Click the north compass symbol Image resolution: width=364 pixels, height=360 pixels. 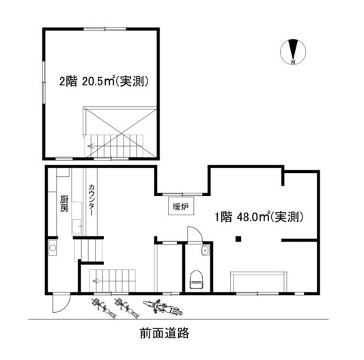point(293,51)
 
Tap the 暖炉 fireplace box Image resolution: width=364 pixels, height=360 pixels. point(181,206)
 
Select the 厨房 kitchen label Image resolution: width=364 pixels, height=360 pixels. point(64,204)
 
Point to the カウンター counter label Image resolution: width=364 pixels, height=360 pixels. point(92,200)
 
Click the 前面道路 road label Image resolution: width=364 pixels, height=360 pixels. point(165,333)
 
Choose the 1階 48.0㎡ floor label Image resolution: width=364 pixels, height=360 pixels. point(259,217)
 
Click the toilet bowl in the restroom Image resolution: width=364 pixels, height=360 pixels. point(197,279)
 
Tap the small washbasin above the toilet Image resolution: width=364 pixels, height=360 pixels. point(206,251)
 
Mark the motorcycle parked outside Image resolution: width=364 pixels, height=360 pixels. point(163,307)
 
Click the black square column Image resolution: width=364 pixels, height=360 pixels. point(238,239)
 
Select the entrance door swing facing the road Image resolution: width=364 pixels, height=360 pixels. point(61,303)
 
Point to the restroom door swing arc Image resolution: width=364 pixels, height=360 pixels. point(195,234)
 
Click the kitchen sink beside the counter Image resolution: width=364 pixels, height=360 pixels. point(77,227)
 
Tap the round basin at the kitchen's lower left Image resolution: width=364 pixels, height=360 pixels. point(53,248)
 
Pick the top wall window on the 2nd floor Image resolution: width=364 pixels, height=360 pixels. point(104,29)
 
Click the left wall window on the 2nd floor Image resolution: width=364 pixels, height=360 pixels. point(44,82)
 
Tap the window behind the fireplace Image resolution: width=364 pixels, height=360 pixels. point(182,194)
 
